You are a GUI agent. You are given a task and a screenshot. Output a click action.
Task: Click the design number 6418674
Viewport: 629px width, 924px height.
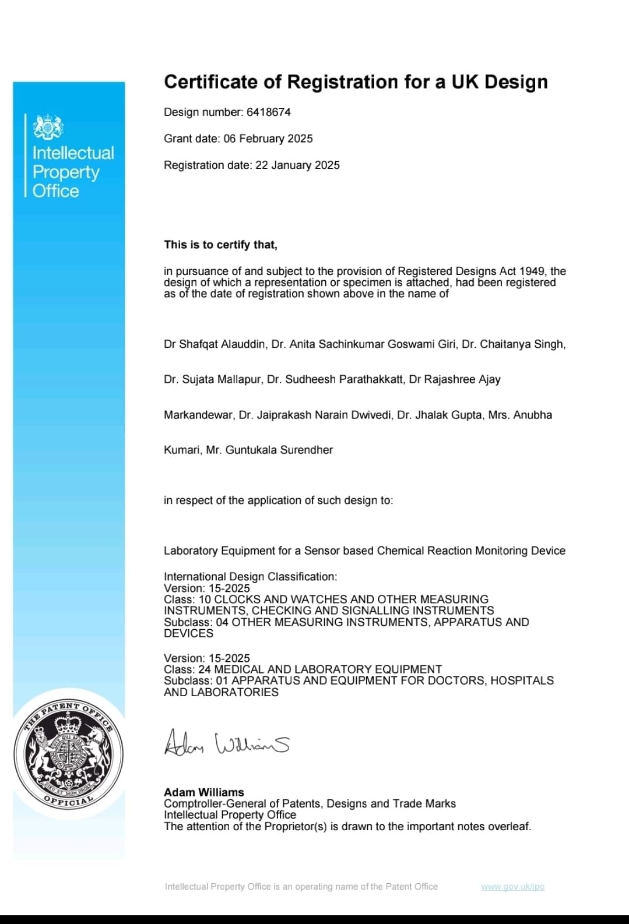click(268, 112)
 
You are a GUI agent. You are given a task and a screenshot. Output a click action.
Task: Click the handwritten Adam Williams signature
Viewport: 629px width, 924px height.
click(226, 743)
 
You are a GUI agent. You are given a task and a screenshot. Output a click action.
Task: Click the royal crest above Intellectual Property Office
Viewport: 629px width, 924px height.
click(48, 127)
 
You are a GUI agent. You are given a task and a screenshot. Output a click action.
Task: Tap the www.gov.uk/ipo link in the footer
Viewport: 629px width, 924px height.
click(512, 887)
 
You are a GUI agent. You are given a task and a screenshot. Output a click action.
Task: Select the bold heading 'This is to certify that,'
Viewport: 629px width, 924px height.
click(220, 245)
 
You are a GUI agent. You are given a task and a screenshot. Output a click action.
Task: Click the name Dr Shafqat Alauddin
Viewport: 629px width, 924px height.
click(215, 344)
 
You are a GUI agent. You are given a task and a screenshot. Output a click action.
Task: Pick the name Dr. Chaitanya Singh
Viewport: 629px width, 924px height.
click(513, 344)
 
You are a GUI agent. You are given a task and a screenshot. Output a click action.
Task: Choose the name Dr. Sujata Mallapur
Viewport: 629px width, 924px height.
click(212, 380)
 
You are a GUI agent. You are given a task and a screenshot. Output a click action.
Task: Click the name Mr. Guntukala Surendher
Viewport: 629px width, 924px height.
click(269, 450)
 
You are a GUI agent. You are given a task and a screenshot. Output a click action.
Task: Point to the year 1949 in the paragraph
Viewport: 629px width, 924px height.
click(533, 271)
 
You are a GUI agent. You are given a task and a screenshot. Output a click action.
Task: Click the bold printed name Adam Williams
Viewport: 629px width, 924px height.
click(204, 792)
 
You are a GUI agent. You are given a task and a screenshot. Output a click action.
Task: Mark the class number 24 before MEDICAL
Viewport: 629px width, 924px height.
click(204, 669)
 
